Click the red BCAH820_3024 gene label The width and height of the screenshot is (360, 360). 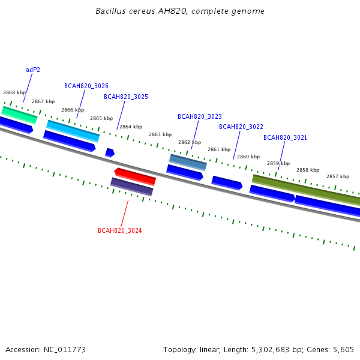pos(119,230)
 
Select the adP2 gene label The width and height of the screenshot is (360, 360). pos(33,70)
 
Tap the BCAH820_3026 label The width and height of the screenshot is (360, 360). pos(86,86)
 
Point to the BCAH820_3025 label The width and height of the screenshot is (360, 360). pos(126,97)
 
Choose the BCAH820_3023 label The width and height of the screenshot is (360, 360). pos(200,116)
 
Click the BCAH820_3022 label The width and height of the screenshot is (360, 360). pos(241,127)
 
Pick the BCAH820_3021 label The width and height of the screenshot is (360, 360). pos(285,137)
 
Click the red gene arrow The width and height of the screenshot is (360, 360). pos(135,176)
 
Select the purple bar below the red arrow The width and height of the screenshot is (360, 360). pos(132,187)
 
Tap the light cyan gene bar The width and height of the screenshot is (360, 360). pos(73,131)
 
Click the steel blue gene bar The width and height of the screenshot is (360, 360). pos(188,163)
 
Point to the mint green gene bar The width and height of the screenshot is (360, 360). pos(19,115)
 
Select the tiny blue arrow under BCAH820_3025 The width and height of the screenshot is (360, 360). pos(110,152)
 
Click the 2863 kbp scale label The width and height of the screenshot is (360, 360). pos(160,134)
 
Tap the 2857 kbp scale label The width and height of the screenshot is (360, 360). pos(338,176)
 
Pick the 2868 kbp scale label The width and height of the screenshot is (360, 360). pos(14,92)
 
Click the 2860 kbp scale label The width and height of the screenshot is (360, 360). pos(248,157)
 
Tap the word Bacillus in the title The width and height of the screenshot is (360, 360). pos(110,11)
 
